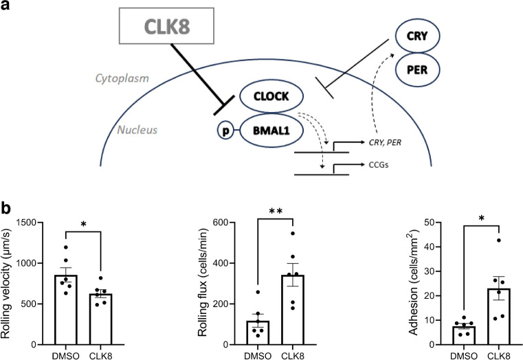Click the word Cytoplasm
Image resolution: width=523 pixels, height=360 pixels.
[122, 78]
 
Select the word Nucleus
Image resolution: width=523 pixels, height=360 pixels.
[137, 130]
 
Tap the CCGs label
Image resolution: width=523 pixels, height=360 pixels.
[379, 165]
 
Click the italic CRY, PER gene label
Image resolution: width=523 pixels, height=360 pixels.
[385, 143]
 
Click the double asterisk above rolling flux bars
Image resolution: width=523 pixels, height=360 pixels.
[276, 212]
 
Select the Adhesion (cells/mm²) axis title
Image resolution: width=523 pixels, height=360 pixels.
[413, 282]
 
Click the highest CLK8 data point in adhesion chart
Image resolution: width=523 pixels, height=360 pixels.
[499, 240]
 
